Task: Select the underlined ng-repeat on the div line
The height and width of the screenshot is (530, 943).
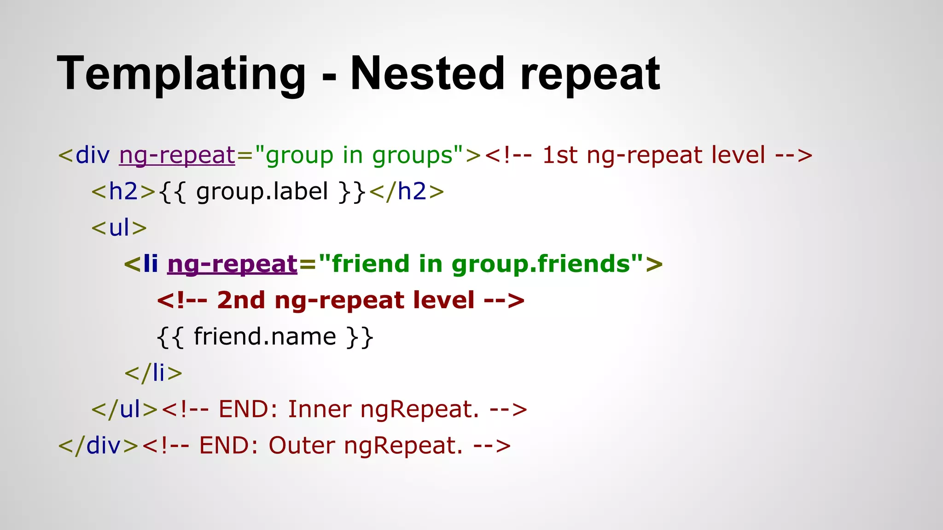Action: click(x=177, y=156)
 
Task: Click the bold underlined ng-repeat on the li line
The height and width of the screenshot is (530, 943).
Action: click(x=233, y=265)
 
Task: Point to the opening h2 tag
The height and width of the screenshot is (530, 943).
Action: click(x=123, y=191)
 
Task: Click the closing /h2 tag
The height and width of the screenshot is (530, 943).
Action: click(x=407, y=191)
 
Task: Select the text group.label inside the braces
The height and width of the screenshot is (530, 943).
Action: click(x=262, y=191)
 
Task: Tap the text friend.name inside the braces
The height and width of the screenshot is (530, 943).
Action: click(x=265, y=336)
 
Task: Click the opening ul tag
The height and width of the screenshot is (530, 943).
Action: click(x=119, y=228)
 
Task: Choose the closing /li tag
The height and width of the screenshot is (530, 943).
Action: click(x=153, y=373)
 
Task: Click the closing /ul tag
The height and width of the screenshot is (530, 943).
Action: click(x=125, y=409)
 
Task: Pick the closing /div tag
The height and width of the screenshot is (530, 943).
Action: click(x=99, y=445)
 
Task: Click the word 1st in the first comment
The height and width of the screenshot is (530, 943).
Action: click(x=559, y=156)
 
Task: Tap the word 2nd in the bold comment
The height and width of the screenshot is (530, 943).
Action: click(x=241, y=300)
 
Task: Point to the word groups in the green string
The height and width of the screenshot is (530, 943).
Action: click(x=413, y=156)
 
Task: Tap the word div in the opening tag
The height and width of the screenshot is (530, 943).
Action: click(x=93, y=156)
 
